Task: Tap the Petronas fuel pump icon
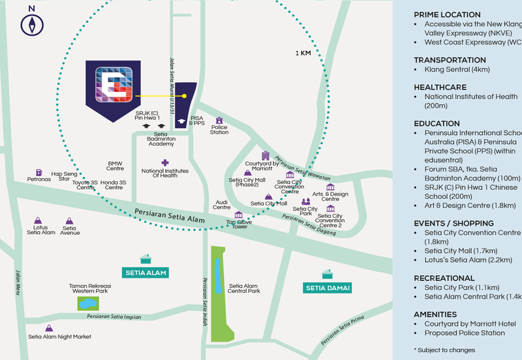(x=38, y=170)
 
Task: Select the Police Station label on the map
(x=219, y=132)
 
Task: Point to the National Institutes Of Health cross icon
(x=164, y=162)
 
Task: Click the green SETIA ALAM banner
(x=145, y=273)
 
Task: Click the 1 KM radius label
(x=303, y=53)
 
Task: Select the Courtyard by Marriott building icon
(x=265, y=156)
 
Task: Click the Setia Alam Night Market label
(x=59, y=337)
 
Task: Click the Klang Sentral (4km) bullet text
(x=457, y=69)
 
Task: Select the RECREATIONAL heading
(x=444, y=277)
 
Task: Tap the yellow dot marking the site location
(x=185, y=96)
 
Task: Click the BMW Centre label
(x=115, y=166)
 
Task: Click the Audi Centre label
(x=222, y=205)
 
